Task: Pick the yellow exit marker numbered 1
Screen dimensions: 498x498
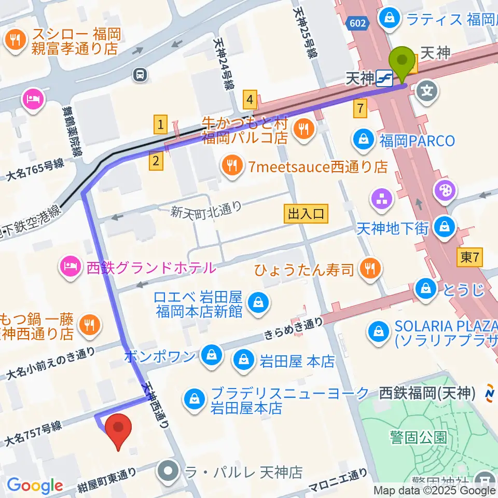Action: [x=161, y=124]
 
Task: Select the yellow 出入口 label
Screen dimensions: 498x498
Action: [x=306, y=214]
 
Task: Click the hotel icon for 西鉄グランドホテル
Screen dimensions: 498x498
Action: [x=70, y=268]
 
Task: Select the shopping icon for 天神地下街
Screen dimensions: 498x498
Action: [x=445, y=226]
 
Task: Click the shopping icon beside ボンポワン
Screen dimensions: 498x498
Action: [x=211, y=356]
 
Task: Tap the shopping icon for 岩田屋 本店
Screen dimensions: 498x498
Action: [x=242, y=361]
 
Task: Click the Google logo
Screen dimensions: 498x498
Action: [x=35, y=486]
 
